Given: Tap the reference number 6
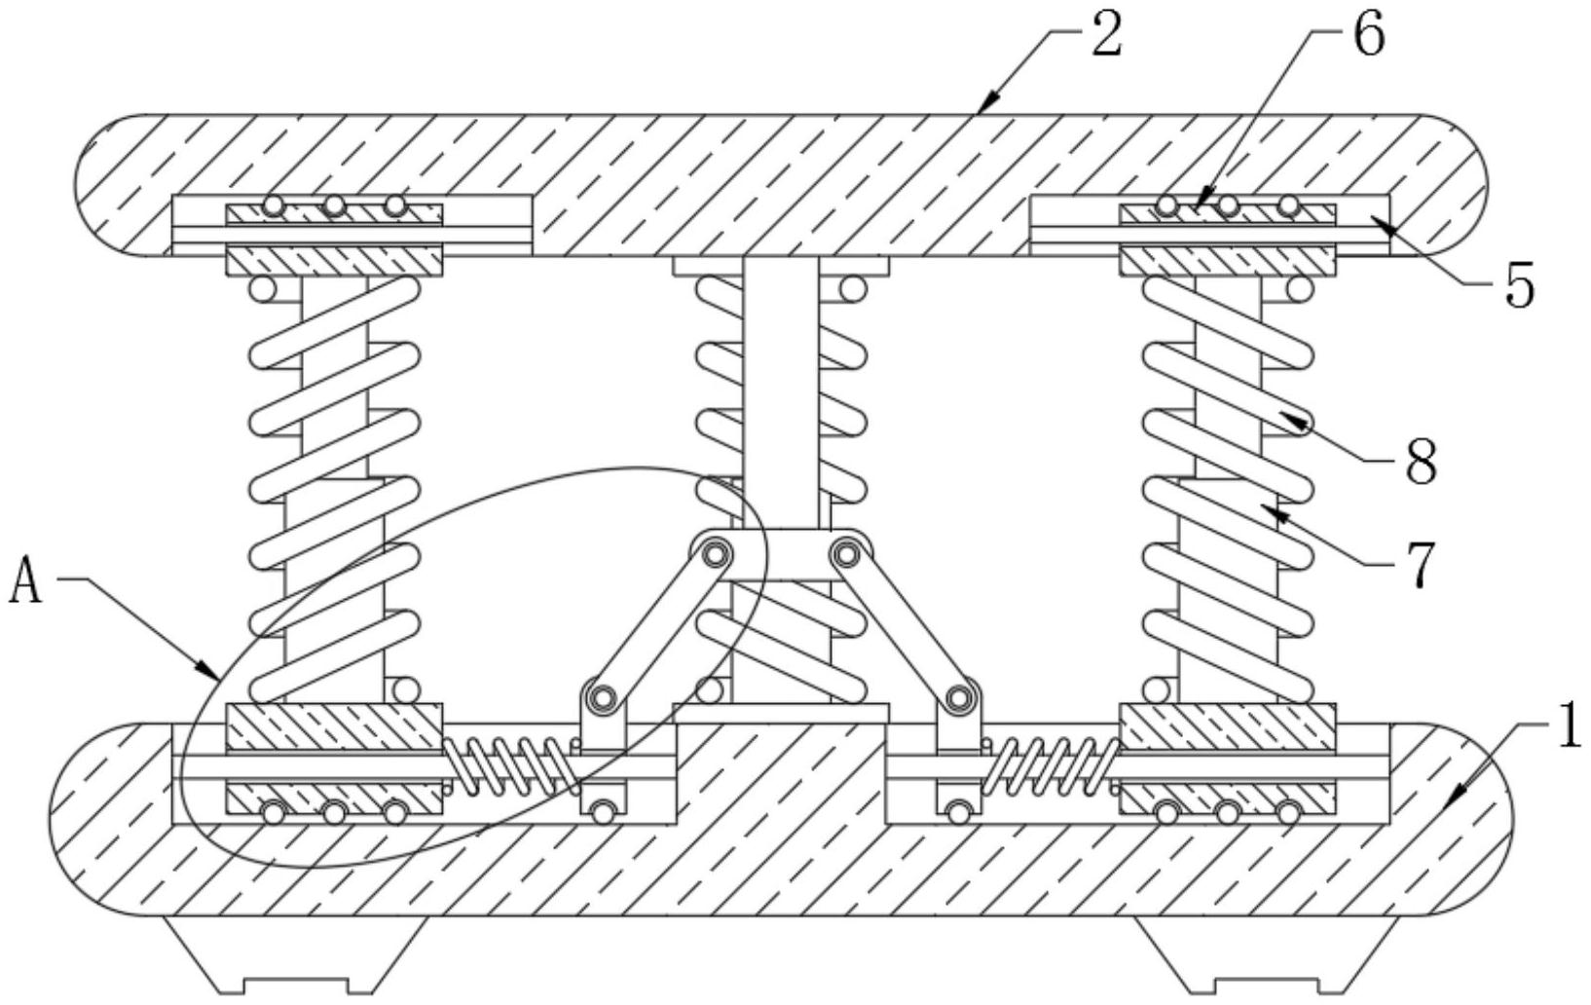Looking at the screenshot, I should coord(1368,36).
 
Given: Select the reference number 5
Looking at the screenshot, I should coord(1519,286).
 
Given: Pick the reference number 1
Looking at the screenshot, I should coord(1569,728).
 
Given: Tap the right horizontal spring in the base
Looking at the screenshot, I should coord(1054,764).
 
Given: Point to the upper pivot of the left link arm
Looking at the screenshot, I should coord(715,555).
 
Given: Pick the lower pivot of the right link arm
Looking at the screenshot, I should coord(960,697).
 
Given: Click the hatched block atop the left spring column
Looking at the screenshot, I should coord(334,260).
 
